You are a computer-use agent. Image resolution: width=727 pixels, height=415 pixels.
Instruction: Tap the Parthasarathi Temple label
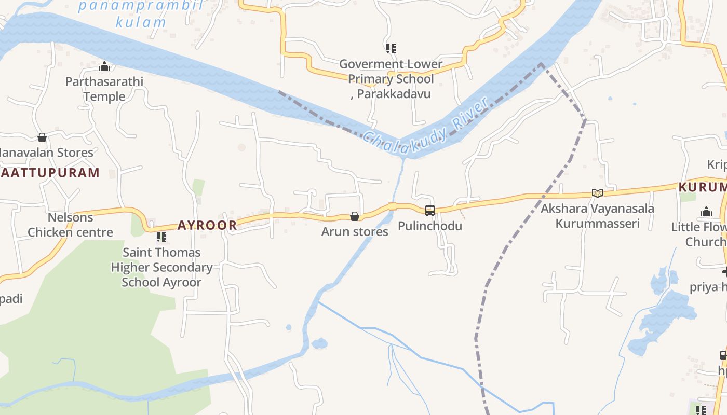tap(104, 89)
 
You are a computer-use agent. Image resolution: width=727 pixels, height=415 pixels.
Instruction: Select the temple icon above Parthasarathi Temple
tap(104, 66)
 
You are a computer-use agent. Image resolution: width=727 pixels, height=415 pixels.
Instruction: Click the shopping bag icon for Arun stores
tap(355, 216)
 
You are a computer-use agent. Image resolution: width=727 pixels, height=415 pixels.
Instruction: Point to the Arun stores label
tap(355, 231)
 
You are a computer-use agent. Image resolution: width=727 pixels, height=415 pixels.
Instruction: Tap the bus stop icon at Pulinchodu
tap(430, 210)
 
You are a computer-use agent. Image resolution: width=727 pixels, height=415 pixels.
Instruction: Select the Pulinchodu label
tap(430, 226)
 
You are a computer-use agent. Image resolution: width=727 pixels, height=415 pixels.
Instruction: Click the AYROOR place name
tap(207, 225)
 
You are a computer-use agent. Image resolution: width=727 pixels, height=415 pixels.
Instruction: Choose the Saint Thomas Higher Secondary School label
tap(161, 267)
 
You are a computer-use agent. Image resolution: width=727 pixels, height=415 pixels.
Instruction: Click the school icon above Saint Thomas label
tap(161, 237)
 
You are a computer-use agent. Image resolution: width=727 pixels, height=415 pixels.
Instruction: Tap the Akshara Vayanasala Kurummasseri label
tap(597, 216)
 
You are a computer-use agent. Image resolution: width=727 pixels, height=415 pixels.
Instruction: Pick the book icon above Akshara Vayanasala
tap(598, 193)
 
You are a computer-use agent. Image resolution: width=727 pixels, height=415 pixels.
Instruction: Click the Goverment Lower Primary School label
tap(391, 79)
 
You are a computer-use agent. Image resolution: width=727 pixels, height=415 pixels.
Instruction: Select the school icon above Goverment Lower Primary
tap(391, 49)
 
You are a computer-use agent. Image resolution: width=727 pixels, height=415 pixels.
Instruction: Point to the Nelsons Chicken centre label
tap(70, 225)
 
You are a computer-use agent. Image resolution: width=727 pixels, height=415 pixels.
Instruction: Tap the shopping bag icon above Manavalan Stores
tap(42, 137)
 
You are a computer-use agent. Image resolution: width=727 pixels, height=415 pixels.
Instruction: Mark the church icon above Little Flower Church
tap(706, 212)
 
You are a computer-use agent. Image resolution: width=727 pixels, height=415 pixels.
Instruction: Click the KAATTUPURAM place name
tap(50, 173)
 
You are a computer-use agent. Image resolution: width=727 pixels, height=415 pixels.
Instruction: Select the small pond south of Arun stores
tap(319, 343)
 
